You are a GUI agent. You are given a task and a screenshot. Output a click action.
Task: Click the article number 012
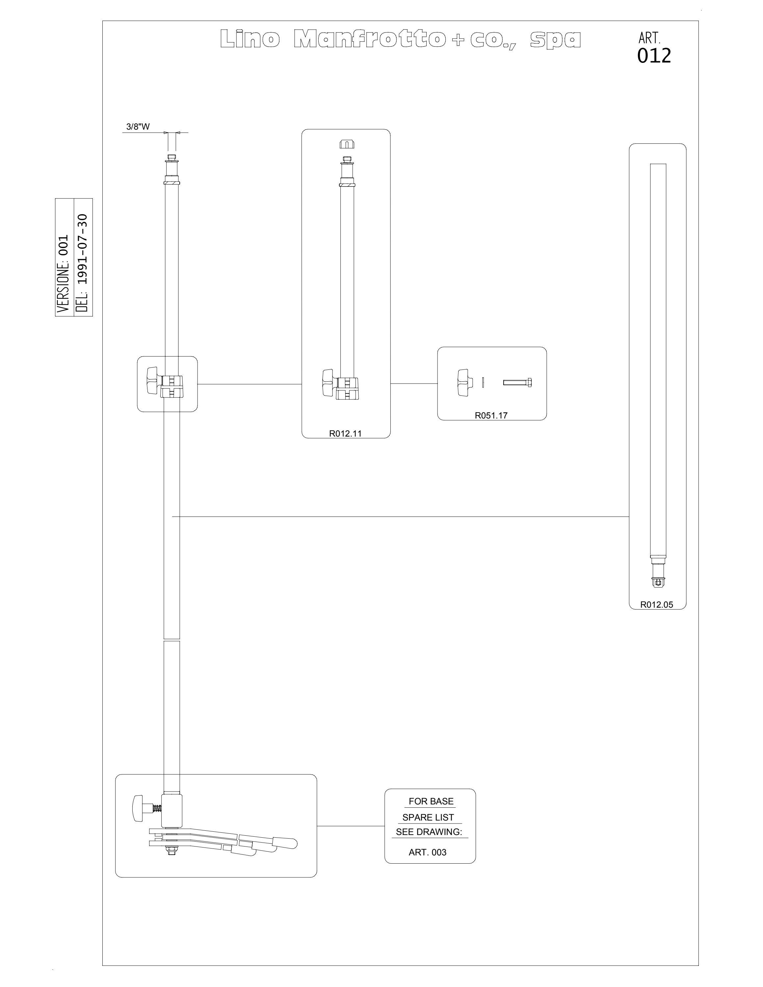(x=654, y=56)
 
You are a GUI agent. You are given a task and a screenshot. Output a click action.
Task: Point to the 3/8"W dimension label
(x=138, y=127)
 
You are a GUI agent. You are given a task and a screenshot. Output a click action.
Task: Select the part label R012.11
(x=345, y=433)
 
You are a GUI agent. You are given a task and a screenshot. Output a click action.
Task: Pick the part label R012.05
(x=657, y=605)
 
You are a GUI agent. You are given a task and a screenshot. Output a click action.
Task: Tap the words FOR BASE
(x=431, y=801)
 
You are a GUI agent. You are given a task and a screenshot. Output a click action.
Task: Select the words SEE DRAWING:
(x=429, y=831)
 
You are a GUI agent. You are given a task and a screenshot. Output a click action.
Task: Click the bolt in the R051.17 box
(x=517, y=383)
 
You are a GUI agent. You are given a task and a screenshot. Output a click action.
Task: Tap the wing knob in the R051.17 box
(x=464, y=383)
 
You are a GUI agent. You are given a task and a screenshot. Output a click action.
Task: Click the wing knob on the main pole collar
(x=152, y=381)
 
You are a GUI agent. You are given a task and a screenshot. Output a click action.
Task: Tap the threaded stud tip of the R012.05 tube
(x=658, y=583)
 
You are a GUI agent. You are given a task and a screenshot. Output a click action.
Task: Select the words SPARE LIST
(x=428, y=817)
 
